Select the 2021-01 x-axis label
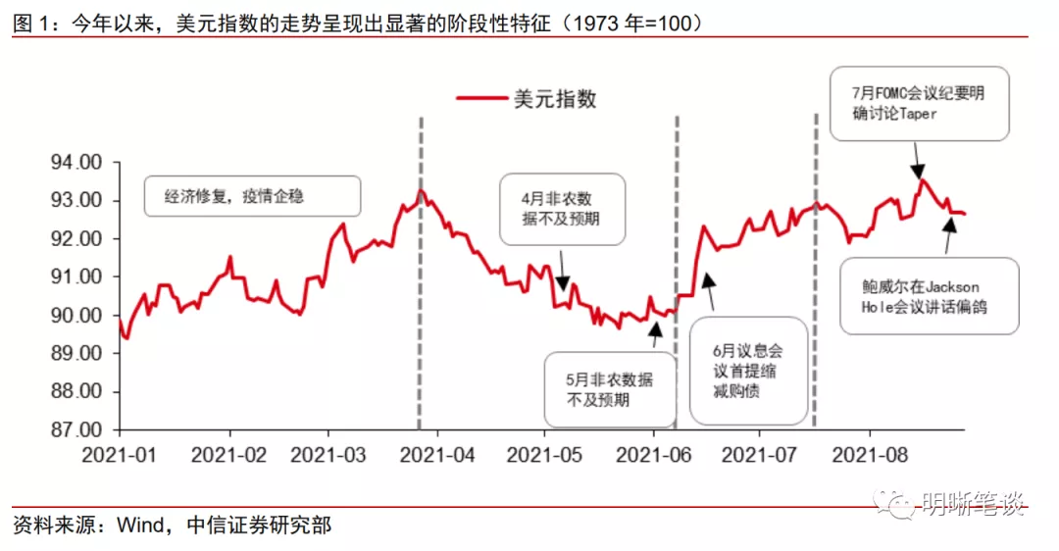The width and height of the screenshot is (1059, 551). [x=119, y=455]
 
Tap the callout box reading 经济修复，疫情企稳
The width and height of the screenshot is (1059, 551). [x=252, y=196]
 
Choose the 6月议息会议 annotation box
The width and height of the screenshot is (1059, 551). [x=749, y=371]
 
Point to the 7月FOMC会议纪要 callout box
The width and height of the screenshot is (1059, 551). [x=919, y=103]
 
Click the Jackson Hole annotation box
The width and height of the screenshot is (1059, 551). [x=929, y=296]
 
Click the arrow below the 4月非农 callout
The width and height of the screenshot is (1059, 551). [x=563, y=271]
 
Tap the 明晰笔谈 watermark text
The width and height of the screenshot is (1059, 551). [x=975, y=504]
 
